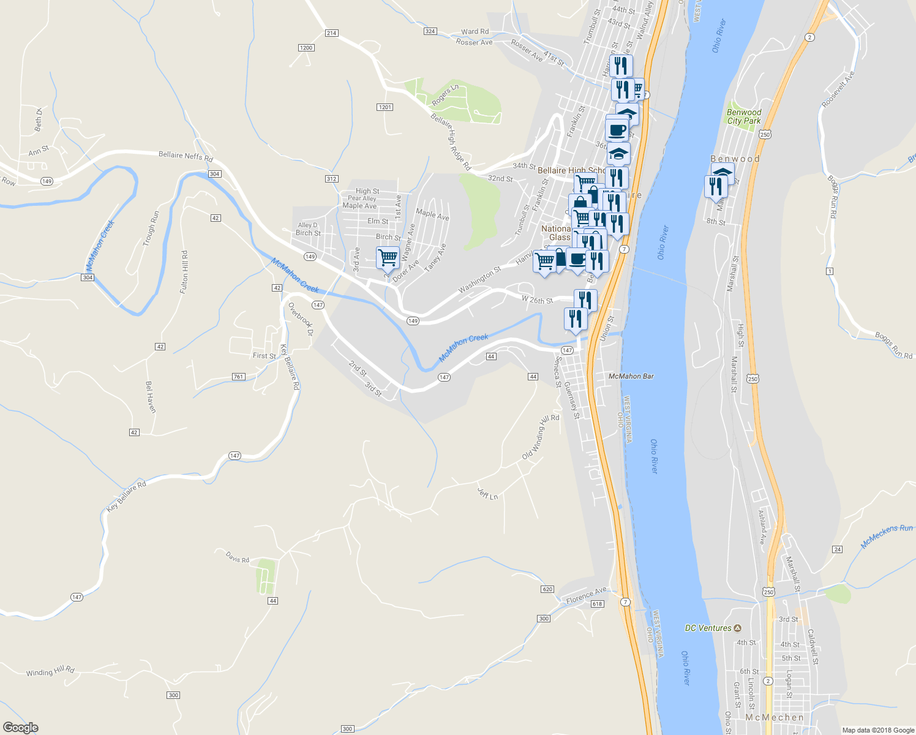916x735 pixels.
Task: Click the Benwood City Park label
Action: point(744,116)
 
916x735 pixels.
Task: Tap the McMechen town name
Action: point(775,717)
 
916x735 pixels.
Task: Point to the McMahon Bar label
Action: point(631,376)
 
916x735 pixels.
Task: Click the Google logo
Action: point(20,727)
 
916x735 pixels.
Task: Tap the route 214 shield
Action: point(331,33)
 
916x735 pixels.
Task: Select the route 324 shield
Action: point(430,31)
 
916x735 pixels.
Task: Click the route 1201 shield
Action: point(385,107)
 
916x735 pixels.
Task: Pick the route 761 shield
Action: point(239,377)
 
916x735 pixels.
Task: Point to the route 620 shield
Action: point(547,589)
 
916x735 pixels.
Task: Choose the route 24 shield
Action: point(838,549)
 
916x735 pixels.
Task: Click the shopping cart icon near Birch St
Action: point(388,257)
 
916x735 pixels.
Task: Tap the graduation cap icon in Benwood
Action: point(723,173)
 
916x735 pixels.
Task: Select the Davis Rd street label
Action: point(238,557)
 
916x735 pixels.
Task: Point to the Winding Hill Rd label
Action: point(50,671)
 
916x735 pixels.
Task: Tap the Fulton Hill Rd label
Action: point(184,271)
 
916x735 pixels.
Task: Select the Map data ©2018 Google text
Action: point(878,730)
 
